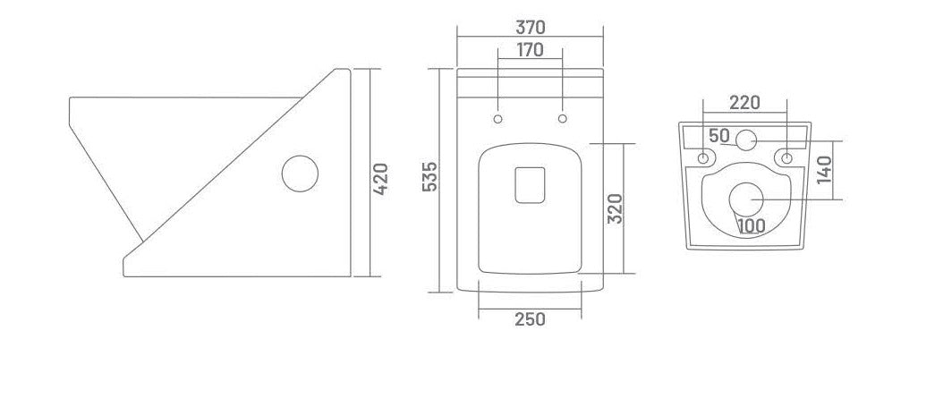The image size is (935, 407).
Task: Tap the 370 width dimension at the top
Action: click(531, 28)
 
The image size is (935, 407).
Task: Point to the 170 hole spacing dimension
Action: click(530, 50)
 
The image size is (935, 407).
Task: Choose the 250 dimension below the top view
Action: click(530, 319)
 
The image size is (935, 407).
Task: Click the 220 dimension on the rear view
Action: click(744, 103)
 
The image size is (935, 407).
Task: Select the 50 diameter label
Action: click(719, 136)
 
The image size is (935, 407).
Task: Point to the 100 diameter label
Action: click(752, 225)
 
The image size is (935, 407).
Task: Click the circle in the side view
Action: click(300, 174)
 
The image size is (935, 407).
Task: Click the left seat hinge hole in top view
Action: click(497, 119)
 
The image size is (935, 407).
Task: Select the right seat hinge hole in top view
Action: click(563, 119)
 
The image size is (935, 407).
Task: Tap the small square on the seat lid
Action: click(530, 184)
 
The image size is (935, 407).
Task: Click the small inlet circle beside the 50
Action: click(745, 139)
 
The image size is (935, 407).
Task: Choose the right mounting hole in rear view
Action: click(787, 158)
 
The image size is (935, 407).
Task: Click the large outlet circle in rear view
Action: click(745, 199)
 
